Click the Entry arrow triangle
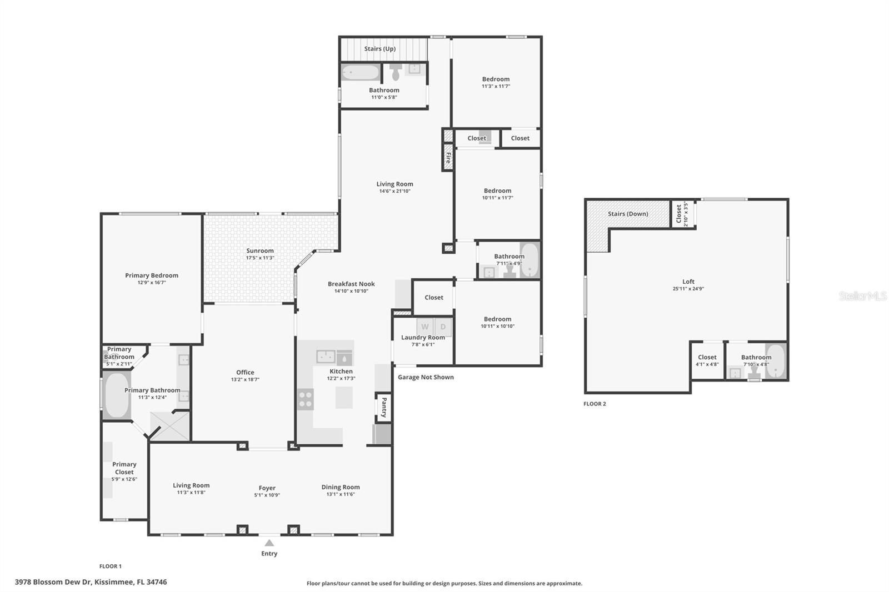pos(269,543)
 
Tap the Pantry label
pos(383,407)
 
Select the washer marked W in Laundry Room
pos(425,327)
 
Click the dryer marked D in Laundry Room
pos(443,327)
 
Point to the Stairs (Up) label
pos(380,49)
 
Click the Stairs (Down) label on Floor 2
pos(627,214)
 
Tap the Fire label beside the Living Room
pos(448,157)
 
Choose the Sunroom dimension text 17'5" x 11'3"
pos(260,258)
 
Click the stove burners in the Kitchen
pos(306,399)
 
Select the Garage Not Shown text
pos(426,377)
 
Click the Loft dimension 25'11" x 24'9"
pos(688,289)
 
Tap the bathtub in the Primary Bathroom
pos(116,395)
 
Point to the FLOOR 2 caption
pos(595,404)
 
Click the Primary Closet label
pos(124,468)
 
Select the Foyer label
pos(267,488)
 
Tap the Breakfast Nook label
pos(351,284)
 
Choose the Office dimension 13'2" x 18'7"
pos(245,379)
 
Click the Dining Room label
pos(340,487)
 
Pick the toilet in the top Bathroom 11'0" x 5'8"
pos(396,72)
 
